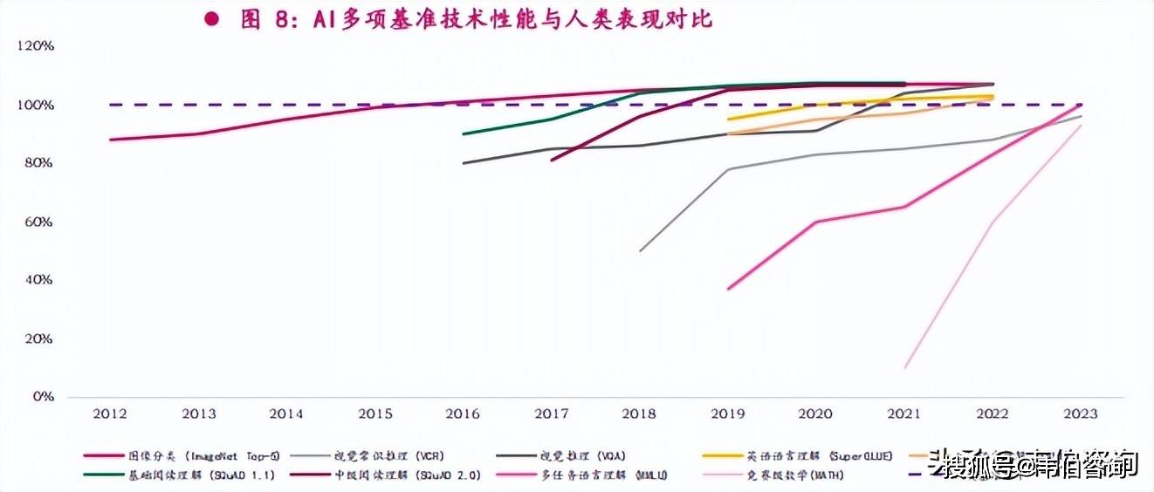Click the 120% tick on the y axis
tap(36, 46)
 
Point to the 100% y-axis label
tap(36, 105)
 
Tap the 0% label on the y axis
tap(43, 397)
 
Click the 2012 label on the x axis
tap(111, 414)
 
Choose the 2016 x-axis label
tap(463, 414)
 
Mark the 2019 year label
tap(727, 414)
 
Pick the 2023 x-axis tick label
tap(1080, 414)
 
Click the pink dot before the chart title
tap(210, 19)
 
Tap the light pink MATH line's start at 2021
tap(904, 367)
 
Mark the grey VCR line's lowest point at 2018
tap(640, 251)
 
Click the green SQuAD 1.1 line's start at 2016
tap(463, 134)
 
